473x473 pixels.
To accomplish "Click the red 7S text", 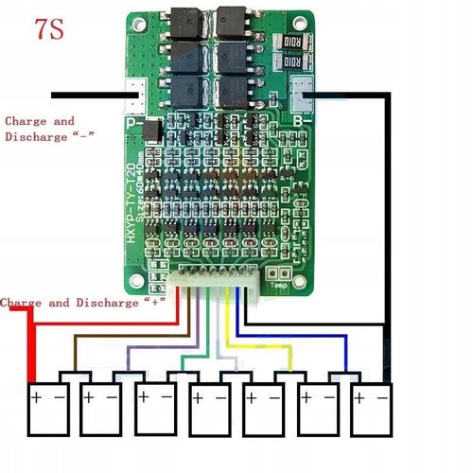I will click(x=49, y=29).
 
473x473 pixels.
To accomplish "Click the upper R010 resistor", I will click(x=291, y=40).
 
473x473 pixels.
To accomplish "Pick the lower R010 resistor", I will click(x=291, y=61).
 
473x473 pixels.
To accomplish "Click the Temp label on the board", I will click(x=278, y=285).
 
